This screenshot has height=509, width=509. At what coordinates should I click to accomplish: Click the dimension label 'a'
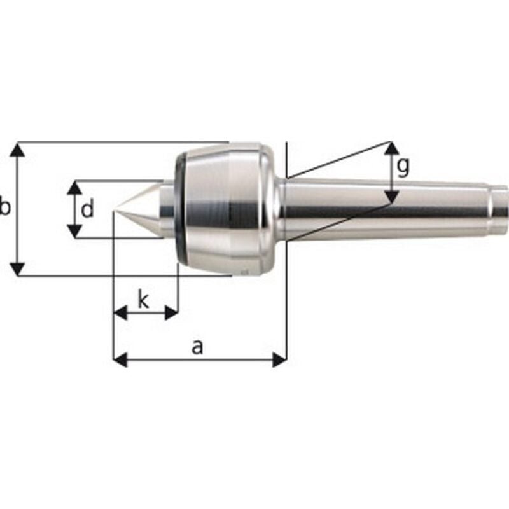coord(198,347)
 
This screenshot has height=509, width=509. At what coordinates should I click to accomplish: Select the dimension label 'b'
coord(5,208)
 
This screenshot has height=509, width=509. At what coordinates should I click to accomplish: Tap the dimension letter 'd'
coord(88,209)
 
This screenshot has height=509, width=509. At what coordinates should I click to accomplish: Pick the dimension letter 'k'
coord(144,300)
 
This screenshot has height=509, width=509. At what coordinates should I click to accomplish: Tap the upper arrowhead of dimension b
coord(19,150)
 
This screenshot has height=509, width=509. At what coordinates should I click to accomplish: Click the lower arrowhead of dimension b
coord(19,268)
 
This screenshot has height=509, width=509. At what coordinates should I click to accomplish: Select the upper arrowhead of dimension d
coord(75,188)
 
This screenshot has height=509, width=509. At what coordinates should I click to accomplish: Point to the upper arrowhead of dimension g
coord(392,148)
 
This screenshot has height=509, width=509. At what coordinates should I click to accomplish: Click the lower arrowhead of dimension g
coord(392,197)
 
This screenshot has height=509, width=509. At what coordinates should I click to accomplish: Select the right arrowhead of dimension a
coord(279,360)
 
